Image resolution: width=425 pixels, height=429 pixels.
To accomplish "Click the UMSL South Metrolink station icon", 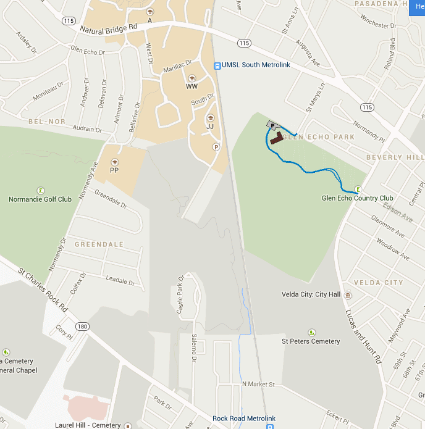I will pos(217,65).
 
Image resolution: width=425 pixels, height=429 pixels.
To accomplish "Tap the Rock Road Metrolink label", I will pos(243,418).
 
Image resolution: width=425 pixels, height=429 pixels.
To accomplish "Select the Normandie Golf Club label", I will pos(40,199).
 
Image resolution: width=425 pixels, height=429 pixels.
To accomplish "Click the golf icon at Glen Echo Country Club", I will pos(358,189).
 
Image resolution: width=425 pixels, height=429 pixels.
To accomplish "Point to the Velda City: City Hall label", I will pos(311,295).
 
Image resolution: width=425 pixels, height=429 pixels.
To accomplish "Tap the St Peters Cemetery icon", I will pos(311,332).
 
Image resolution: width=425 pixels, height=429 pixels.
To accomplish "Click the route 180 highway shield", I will pos(82,326).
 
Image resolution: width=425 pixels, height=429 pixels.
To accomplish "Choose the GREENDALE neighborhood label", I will pos(99,244).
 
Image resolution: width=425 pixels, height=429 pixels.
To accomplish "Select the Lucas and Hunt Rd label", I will pos(364,336).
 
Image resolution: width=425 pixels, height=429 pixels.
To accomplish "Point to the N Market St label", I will pos(258,384).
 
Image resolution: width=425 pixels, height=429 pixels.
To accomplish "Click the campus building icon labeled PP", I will pos(114,162).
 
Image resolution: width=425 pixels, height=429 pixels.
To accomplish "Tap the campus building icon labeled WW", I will pos(191,78).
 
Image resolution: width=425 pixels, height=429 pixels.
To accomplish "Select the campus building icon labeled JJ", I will pos(209,118).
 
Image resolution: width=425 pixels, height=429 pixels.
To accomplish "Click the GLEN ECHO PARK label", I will pos(319,137).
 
